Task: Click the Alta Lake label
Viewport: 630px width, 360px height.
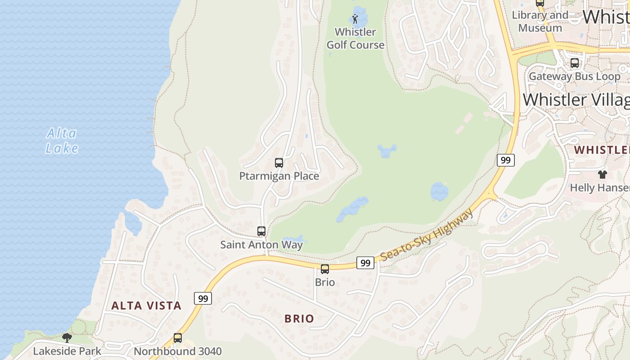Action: tap(62, 140)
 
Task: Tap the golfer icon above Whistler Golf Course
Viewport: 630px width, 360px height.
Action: tap(355, 19)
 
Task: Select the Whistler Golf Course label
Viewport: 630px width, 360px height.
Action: tap(355, 38)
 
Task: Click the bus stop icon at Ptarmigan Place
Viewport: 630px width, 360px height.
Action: tap(279, 163)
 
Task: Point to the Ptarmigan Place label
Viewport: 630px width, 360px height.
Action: tap(279, 176)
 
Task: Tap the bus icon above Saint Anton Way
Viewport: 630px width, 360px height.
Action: tap(261, 231)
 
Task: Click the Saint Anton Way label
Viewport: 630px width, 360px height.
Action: tap(261, 245)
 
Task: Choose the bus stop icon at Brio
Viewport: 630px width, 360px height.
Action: tap(325, 269)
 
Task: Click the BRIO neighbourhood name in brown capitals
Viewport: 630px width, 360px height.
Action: tap(299, 319)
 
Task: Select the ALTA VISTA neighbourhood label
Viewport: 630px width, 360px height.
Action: tap(146, 306)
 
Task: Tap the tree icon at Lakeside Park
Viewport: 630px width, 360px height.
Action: tap(67, 337)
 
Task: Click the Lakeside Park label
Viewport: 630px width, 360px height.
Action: tap(67, 351)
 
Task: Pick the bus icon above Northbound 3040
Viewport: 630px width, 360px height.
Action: tap(178, 337)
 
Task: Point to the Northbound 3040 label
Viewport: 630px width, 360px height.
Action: tap(178, 351)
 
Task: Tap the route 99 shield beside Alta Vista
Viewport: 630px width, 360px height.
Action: tap(203, 298)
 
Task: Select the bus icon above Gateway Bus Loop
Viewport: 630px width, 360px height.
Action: tap(575, 63)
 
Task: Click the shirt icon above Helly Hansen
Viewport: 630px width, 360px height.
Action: tap(602, 175)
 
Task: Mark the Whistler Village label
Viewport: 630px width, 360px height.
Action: tap(576, 100)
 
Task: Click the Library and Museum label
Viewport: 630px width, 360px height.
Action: tap(540, 21)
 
